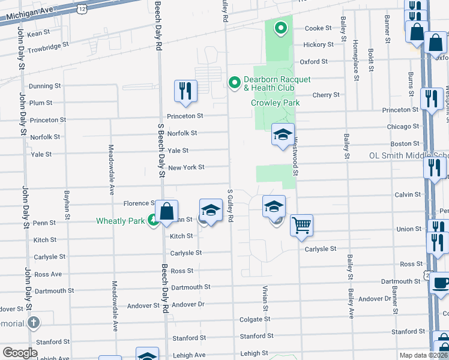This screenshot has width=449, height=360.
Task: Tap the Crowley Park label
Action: [x=275, y=103]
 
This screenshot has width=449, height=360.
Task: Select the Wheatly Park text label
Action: [x=120, y=221]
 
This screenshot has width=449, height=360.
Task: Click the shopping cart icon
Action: [x=301, y=225]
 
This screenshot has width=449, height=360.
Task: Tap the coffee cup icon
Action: [x=441, y=283]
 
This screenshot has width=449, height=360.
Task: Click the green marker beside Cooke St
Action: [x=280, y=28]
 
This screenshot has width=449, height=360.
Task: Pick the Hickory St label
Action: [x=318, y=45]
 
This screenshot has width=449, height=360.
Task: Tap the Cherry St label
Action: [x=326, y=95]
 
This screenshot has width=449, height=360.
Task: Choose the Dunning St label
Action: [x=45, y=86]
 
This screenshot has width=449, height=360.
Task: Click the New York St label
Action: [x=186, y=167]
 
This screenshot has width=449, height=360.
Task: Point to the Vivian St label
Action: [x=264, y=299]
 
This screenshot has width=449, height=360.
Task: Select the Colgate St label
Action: [x=255, y=320]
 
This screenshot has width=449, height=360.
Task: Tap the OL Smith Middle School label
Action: [x=408, y=156]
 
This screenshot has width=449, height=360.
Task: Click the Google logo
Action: [x=20, y=353]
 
